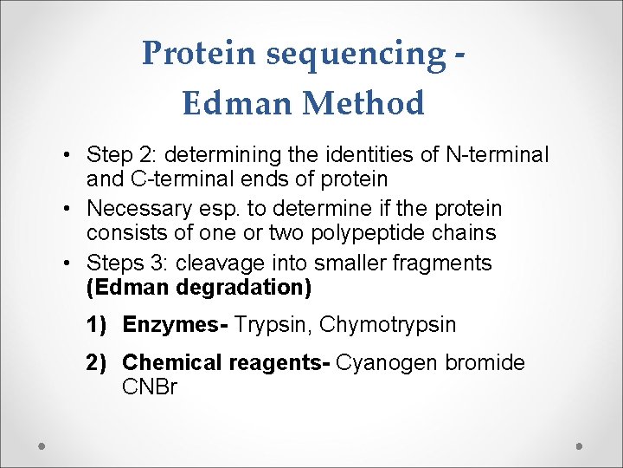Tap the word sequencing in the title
355,54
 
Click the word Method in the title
364,104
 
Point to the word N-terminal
497,155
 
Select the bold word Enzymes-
175,325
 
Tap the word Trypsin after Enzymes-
272,325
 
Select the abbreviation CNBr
150,387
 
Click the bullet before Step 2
67,156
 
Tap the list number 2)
100,363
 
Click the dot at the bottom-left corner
42,445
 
